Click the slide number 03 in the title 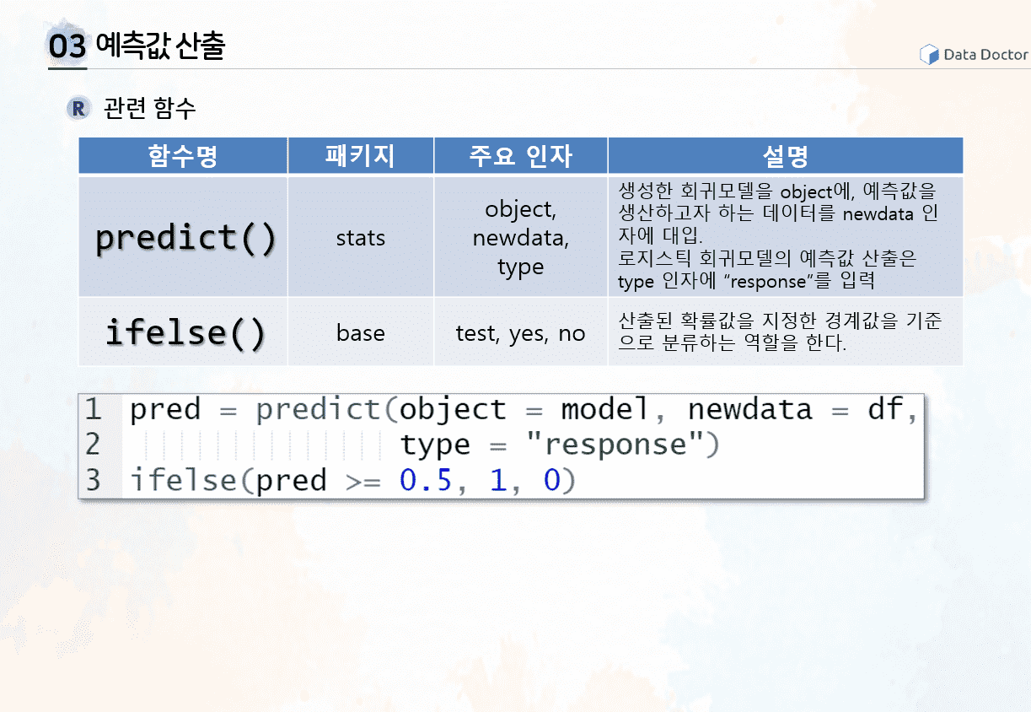[x=67, y=46]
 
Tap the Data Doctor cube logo [x=929, y=54]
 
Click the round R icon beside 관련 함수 [x=78, y=109]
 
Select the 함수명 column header [x=183, y=156]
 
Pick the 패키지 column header [x=361, y=156]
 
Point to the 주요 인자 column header [x=521, y=156]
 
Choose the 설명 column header [x=785, y=156]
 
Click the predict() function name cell [x=185, y=238]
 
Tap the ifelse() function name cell [x=185, y=332]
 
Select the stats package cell [x=361, y=238]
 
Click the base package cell [x=361, y=333]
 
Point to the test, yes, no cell [x=521, y=333]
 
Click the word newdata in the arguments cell [x=518, y=238]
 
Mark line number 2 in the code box [x=93, y=445]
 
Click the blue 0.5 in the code [x=426, y=480]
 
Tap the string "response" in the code [x=615, y=445]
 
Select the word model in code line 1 [x=604, y=409]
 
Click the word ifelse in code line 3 [x=184, y=480]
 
